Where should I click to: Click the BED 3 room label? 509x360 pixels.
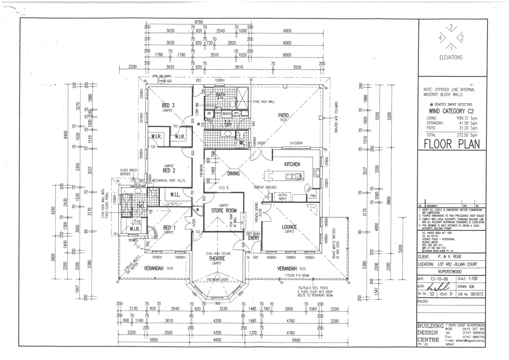pos(168,105)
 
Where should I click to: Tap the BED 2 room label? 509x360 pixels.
pos(169,171)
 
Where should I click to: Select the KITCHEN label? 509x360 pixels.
pos(292,164)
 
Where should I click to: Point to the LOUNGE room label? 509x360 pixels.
pos(289,227)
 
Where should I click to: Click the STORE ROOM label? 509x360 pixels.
pos(224,211)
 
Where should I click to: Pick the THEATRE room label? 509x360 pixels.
pos(217,258)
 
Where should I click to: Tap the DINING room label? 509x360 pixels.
pos(234,173)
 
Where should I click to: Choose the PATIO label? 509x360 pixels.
pos(283,115)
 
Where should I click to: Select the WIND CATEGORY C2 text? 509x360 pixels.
pos(451,111)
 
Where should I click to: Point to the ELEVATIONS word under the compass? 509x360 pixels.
pos(451,57)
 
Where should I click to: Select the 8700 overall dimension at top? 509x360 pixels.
pos(199,22)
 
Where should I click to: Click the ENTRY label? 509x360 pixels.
pos(254,238)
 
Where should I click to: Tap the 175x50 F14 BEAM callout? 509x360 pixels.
pos(297,275)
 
